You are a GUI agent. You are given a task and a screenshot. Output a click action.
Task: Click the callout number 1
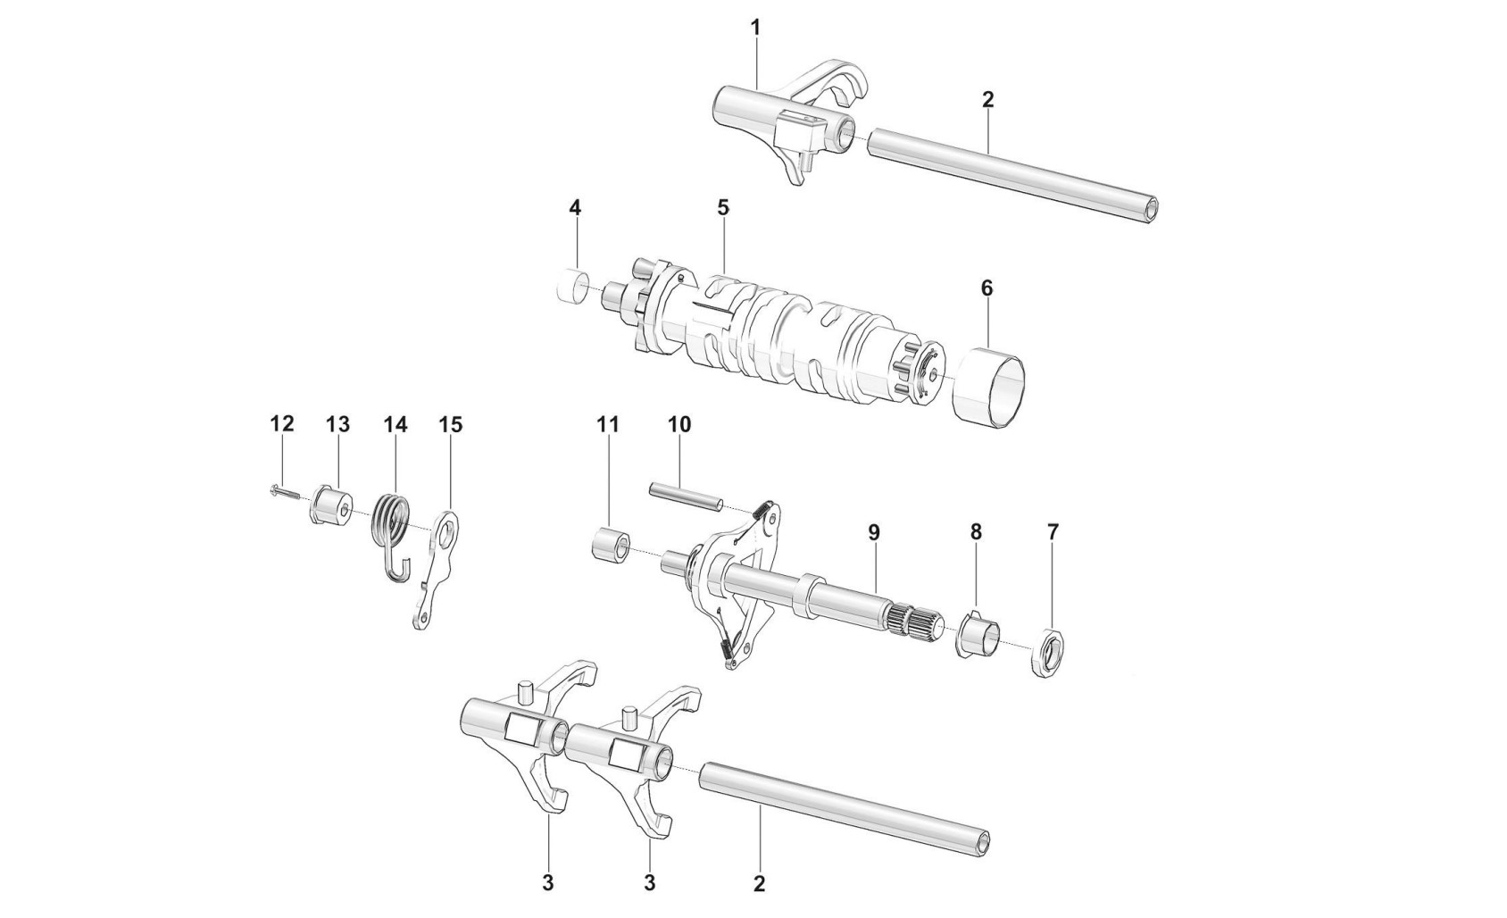pos(755,28)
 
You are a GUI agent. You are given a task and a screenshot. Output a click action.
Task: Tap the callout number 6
pos(986,288)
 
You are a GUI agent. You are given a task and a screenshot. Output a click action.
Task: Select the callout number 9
pos(873,532)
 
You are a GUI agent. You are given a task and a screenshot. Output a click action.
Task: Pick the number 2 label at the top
pos(987,99)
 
